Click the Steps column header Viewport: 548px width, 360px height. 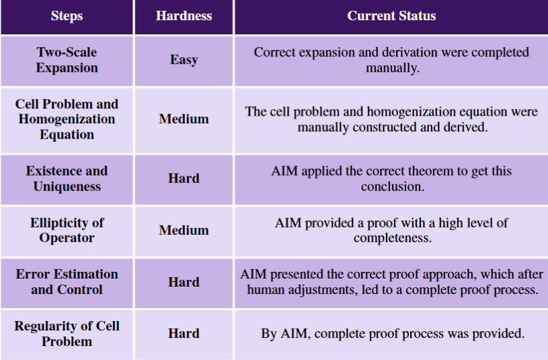coord(67,15)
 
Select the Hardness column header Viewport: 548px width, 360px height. coord(184,15)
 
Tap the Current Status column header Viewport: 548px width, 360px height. coord(391,15)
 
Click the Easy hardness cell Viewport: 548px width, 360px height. coord(184,59)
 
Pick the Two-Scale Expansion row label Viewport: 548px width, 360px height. coord(67,60)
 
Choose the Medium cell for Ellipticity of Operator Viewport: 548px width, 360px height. coord(184,230)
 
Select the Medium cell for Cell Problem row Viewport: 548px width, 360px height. coord(184,119)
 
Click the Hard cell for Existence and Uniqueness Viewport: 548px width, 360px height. coord(184,178)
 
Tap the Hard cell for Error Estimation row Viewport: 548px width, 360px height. coord(184,283)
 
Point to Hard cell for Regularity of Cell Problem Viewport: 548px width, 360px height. coord(184,333)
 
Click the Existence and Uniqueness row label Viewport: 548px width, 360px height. coord(67,178)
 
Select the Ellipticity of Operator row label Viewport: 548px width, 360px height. coord(67,230)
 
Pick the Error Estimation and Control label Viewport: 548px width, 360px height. coord(67,282)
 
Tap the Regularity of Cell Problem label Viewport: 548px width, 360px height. coord(67,333)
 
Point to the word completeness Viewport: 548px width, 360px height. coord(393,239)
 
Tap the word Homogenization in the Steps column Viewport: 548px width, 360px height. coord(67,119)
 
